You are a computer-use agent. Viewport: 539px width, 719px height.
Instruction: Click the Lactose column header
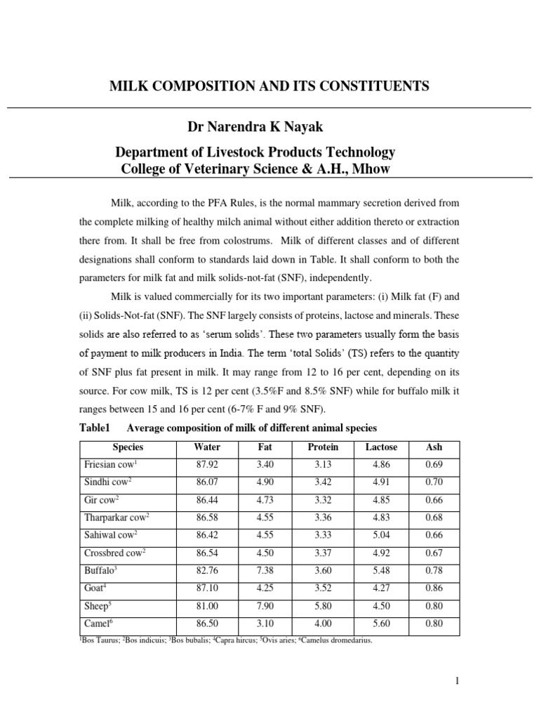pyautogui.click(x=381, y=447)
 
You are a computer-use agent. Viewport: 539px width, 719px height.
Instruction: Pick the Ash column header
pyautogui.click(x=434, y=447)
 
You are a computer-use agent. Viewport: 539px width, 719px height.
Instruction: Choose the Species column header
pyautogui.click(x=128, y=447)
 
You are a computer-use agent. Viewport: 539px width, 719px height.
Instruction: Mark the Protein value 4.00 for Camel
pyautogui.click(x=323, y=624)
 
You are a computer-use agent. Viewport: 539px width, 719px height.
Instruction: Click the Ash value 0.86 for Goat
pyautogui.click(x=434, y=588)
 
